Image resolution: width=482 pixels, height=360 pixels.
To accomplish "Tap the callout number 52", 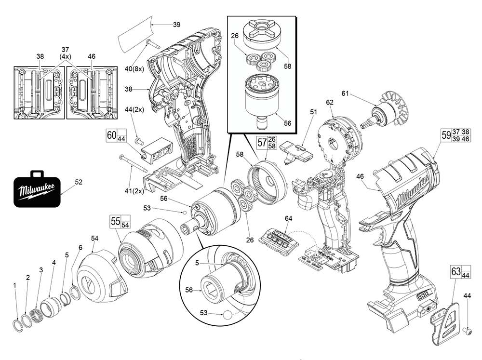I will [x=79, y=182].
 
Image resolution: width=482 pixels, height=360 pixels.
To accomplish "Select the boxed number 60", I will [x=111, y=135].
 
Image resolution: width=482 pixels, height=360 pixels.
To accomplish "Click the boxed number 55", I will [x=115, y=221].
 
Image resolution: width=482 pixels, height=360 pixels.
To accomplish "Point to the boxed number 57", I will [x=262, y=142].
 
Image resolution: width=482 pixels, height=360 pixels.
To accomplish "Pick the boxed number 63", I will [x=456, y=271].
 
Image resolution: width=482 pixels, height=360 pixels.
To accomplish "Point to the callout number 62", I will [x=330, y=102].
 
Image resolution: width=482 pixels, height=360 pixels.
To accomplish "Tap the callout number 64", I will [x=288, y=219].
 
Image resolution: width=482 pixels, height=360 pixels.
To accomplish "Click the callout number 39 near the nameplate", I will [x=176, y=25].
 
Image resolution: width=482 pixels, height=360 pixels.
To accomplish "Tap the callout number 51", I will [x=314, y=112].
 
